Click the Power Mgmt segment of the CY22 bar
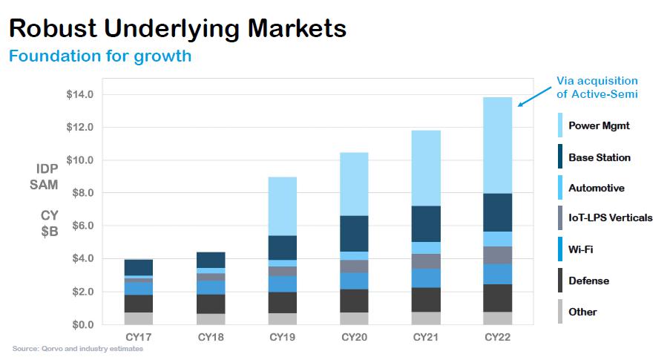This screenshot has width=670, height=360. coord(496,145)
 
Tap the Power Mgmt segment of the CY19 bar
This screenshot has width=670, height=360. coord(283,206)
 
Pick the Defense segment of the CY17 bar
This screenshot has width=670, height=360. coord(138,304)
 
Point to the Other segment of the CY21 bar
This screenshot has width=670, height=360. coord(426,318)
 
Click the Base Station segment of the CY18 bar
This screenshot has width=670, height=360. coord(211,260)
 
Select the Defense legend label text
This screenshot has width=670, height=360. coord(588,281)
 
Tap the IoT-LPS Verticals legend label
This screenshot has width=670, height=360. coord(610,218)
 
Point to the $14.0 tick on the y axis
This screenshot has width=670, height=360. coord(80,95)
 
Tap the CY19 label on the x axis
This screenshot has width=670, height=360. coord(283,338)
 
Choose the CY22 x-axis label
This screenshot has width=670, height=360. coord(496,338)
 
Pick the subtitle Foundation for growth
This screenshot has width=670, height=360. coord(99,56)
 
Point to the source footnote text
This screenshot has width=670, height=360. coord(78,348)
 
